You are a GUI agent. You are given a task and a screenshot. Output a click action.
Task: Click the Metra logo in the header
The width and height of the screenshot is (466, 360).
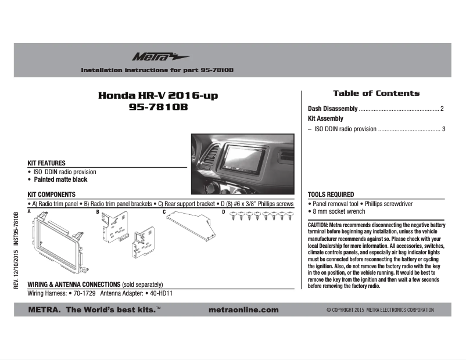(x=152, y=56)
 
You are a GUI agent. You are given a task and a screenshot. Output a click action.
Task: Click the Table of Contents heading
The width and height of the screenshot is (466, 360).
(x=376, y=93)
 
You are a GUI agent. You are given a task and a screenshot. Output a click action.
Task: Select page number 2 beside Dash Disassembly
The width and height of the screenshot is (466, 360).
(x=442, y=109)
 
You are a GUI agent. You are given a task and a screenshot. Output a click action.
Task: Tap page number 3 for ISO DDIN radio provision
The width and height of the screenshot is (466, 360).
(x=443, y=129)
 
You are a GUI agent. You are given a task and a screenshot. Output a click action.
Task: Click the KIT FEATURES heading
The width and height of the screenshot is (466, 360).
(x=46, y=163)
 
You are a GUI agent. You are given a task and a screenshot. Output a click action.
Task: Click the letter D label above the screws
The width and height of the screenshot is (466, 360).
(x=224, y=212)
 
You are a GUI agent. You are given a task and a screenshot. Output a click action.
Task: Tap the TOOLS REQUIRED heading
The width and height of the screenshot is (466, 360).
(x=331, y=195)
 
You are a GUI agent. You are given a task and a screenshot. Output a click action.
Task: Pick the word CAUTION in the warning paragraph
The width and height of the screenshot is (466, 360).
(x=318, y=225)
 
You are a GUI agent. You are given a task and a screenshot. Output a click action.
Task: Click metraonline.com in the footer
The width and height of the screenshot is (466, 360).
(x=243, y=310)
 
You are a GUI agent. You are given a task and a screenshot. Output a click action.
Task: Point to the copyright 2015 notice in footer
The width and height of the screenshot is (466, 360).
(x=380, y=310)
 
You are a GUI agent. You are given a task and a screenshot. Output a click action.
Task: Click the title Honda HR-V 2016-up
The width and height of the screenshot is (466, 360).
(x=159, y=95)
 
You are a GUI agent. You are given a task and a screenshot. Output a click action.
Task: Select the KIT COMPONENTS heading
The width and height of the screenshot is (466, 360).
(x=52, y=195)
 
